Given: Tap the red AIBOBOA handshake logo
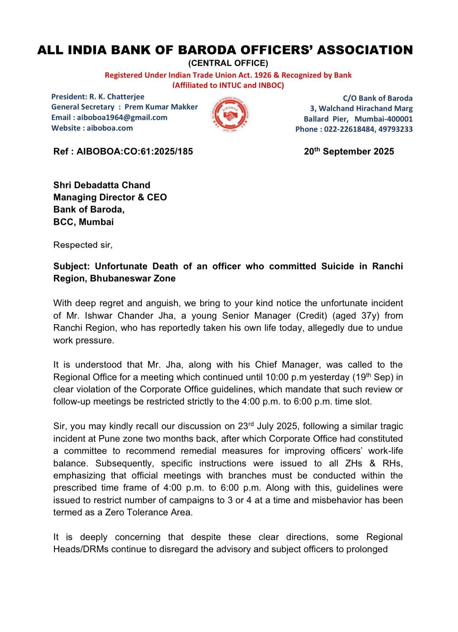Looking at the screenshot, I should [231, 114].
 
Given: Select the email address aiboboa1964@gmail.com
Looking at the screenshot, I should [122, 118].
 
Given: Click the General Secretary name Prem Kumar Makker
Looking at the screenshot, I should [161, 107].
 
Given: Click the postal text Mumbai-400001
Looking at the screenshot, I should [384, 119].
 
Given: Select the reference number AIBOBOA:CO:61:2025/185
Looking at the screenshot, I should [134, 152].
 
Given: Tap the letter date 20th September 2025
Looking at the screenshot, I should [349, 152].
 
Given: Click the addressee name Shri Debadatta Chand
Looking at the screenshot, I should [102, 185].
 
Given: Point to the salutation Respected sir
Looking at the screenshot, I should [83, 245].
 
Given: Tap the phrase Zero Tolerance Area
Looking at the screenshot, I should [148, 512].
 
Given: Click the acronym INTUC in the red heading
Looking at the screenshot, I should [227, 85].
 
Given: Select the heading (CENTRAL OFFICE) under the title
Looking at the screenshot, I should [228, 63].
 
